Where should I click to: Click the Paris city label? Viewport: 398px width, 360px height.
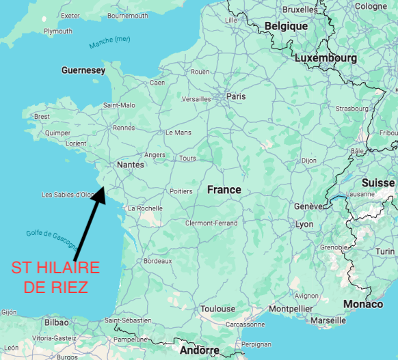pos(236,96)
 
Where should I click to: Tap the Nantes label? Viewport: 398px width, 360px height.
pos(131,165)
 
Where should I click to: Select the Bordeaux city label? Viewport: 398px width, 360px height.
pos(157,261)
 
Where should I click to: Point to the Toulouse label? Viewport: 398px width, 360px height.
pos(217,309)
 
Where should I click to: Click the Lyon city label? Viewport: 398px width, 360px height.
pos(304,224)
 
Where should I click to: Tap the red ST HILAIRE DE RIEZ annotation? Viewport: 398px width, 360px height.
pos(56,277)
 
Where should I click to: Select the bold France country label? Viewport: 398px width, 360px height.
pos(224,189)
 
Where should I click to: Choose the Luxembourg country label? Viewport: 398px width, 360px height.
pos(326,58)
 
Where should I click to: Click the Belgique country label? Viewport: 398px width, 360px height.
pos(286,26)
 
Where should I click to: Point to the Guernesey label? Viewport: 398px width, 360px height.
pos(83,70)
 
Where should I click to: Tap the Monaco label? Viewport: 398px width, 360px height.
pos(363,303)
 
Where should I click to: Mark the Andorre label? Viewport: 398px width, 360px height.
pos(200,350)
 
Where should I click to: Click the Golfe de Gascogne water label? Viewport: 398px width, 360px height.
pos(49,239)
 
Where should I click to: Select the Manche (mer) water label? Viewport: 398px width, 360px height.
pos(109,42)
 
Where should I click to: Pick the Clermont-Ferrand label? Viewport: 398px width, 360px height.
pos(211,223)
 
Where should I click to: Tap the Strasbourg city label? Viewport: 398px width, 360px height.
pos(352,109)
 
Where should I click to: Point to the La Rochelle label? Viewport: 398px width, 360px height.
pos(145,208)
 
